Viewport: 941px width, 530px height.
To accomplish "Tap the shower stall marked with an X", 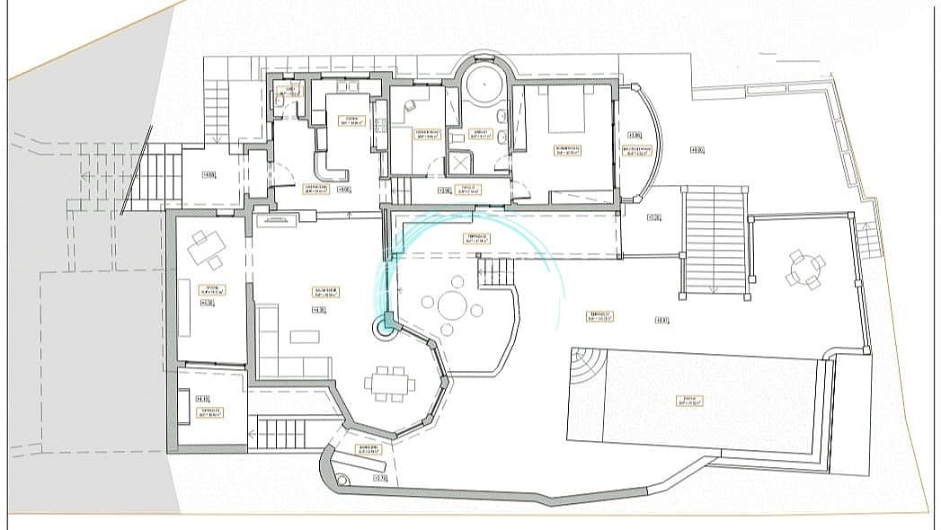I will [x=463, y=163].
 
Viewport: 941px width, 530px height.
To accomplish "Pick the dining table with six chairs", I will [x=390, y=384].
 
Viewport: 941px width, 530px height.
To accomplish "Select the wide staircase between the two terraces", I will [x=715, y=241].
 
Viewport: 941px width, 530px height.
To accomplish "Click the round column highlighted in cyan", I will [x=387, y=328].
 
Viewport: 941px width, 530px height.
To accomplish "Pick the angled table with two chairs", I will [x=206, y=249].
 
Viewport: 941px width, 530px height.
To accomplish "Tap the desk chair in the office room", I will [x=411, y=105].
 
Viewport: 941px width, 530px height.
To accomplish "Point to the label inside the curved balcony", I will [x=637, y=149].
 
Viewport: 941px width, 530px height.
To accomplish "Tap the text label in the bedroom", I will [x=567, y=150].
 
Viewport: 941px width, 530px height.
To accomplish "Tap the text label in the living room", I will [x=319, y=289].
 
